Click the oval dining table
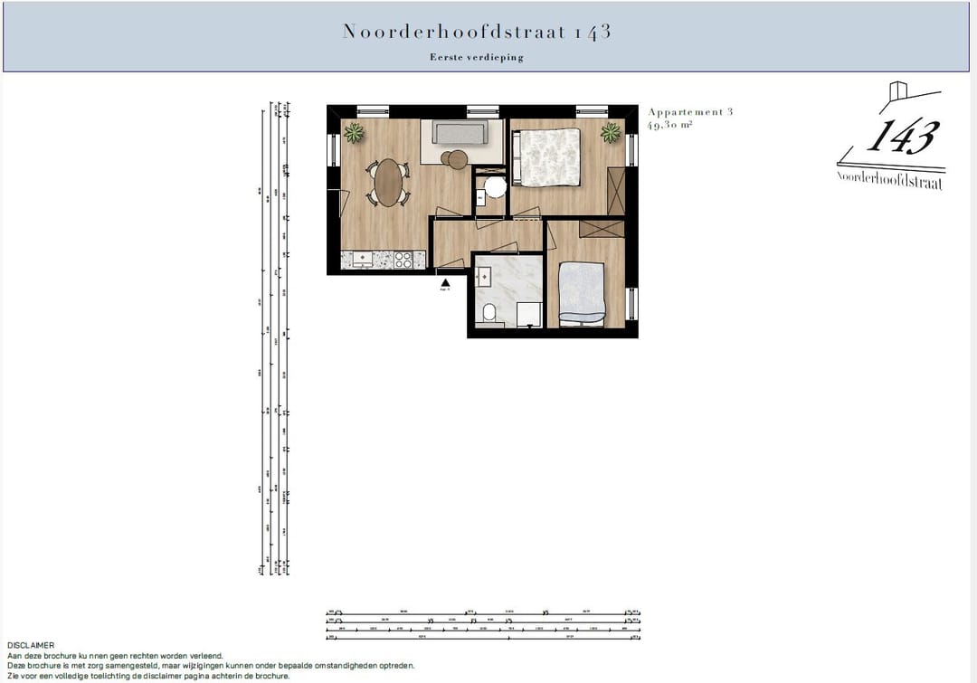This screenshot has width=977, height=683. pyautogui.click(x=390, y=182)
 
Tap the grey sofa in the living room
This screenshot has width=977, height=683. pyautogui.click(x=460, y=132)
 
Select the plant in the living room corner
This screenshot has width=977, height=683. pyautogui.click(x=355, y=134)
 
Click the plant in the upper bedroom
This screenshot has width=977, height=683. pyautogui.click(x=612, y=133)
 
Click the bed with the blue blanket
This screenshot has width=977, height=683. pyautogui.click(x=583, y=292)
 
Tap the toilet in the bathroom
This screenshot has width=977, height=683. pyautogui.click(x=488, y=313)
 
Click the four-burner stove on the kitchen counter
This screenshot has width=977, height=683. pyautogui.click(x=403, y=260)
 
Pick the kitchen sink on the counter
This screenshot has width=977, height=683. pyautogui.click(x=362, y=260)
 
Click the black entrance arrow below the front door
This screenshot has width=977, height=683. pyautogui.click(x=444, y=282)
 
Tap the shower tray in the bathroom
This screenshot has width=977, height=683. pyautogui.click(x=529, y=313)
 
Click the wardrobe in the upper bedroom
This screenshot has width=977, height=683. pyautogui.click(x=616, y=191)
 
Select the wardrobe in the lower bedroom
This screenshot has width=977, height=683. pyautogui.click(x=601, y=228)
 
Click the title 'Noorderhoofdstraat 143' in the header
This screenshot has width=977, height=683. pyautogui.click(x=477, y=32)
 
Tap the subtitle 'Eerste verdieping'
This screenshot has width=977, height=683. pyautogui.click(x=477, y=57)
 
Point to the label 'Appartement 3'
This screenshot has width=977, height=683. pyautogui.click(x=690, y=112)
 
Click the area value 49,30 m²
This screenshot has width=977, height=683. pyautogui.click(x=669, y=126)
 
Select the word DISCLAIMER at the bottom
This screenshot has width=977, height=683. pyautogui.click(x=31, y=646)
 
